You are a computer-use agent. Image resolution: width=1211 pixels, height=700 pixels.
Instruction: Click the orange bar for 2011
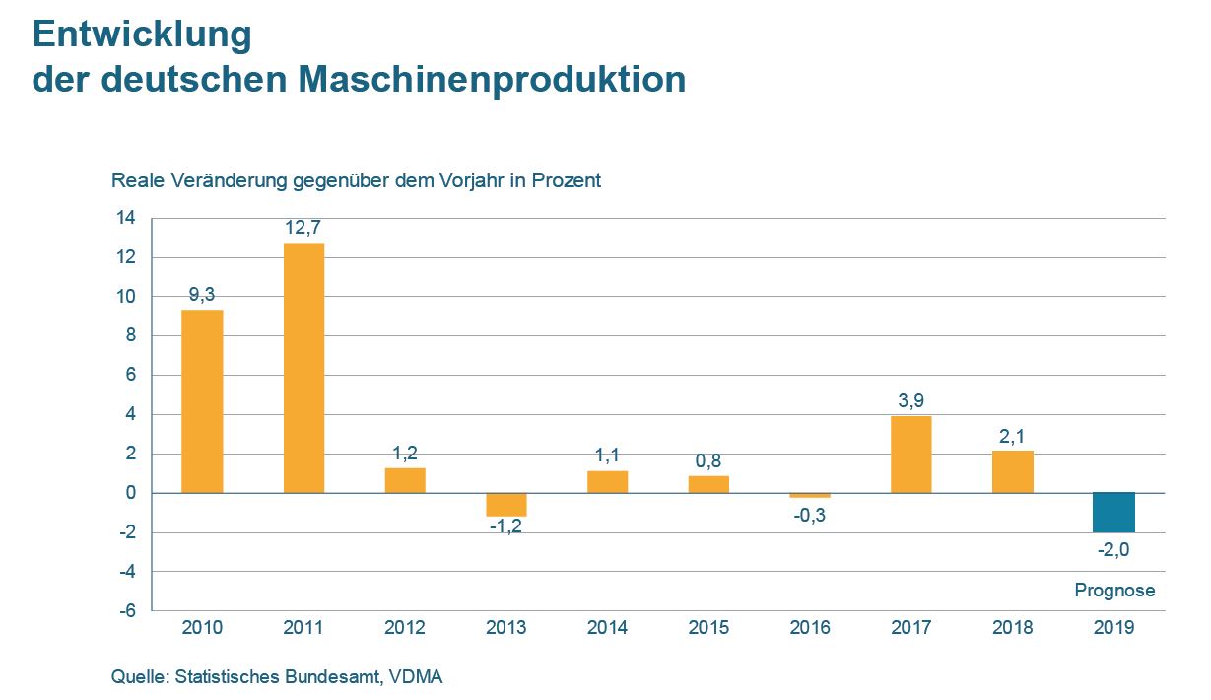[x=303, y=368]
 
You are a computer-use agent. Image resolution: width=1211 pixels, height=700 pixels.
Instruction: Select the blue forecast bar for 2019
[x=1114, y=512]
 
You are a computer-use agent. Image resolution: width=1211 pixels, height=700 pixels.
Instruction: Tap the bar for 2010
[x=202, y=401]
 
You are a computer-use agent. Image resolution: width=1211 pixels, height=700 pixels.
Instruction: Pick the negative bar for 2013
[x=506, y=504]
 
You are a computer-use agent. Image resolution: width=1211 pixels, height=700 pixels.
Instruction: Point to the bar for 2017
[x=911, y=455]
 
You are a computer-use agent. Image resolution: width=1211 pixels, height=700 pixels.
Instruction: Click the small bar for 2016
[x=810, y=495]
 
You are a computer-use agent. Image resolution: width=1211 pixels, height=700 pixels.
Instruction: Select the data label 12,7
[x=303, y=229]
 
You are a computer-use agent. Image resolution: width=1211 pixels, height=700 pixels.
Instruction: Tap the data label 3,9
[x=911, y=400]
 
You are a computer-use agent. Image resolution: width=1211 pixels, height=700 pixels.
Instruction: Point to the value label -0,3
[x=810, y=514]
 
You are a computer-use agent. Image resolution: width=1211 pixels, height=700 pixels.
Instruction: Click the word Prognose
[x=1114, y=591]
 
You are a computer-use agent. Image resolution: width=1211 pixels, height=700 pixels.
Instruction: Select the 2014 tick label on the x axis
[x=608, y=628]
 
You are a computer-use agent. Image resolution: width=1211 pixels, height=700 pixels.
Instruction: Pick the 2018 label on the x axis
[x=1013, y=628]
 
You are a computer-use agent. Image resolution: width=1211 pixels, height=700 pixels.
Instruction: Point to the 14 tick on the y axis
[x=129, y=219]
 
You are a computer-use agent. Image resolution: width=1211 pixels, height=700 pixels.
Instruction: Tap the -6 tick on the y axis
[x=127, y=611]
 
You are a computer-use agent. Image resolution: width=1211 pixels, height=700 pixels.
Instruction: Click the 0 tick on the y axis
[x=131, y=493]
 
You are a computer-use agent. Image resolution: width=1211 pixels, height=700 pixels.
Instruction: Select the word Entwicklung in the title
[x=142, y=35]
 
